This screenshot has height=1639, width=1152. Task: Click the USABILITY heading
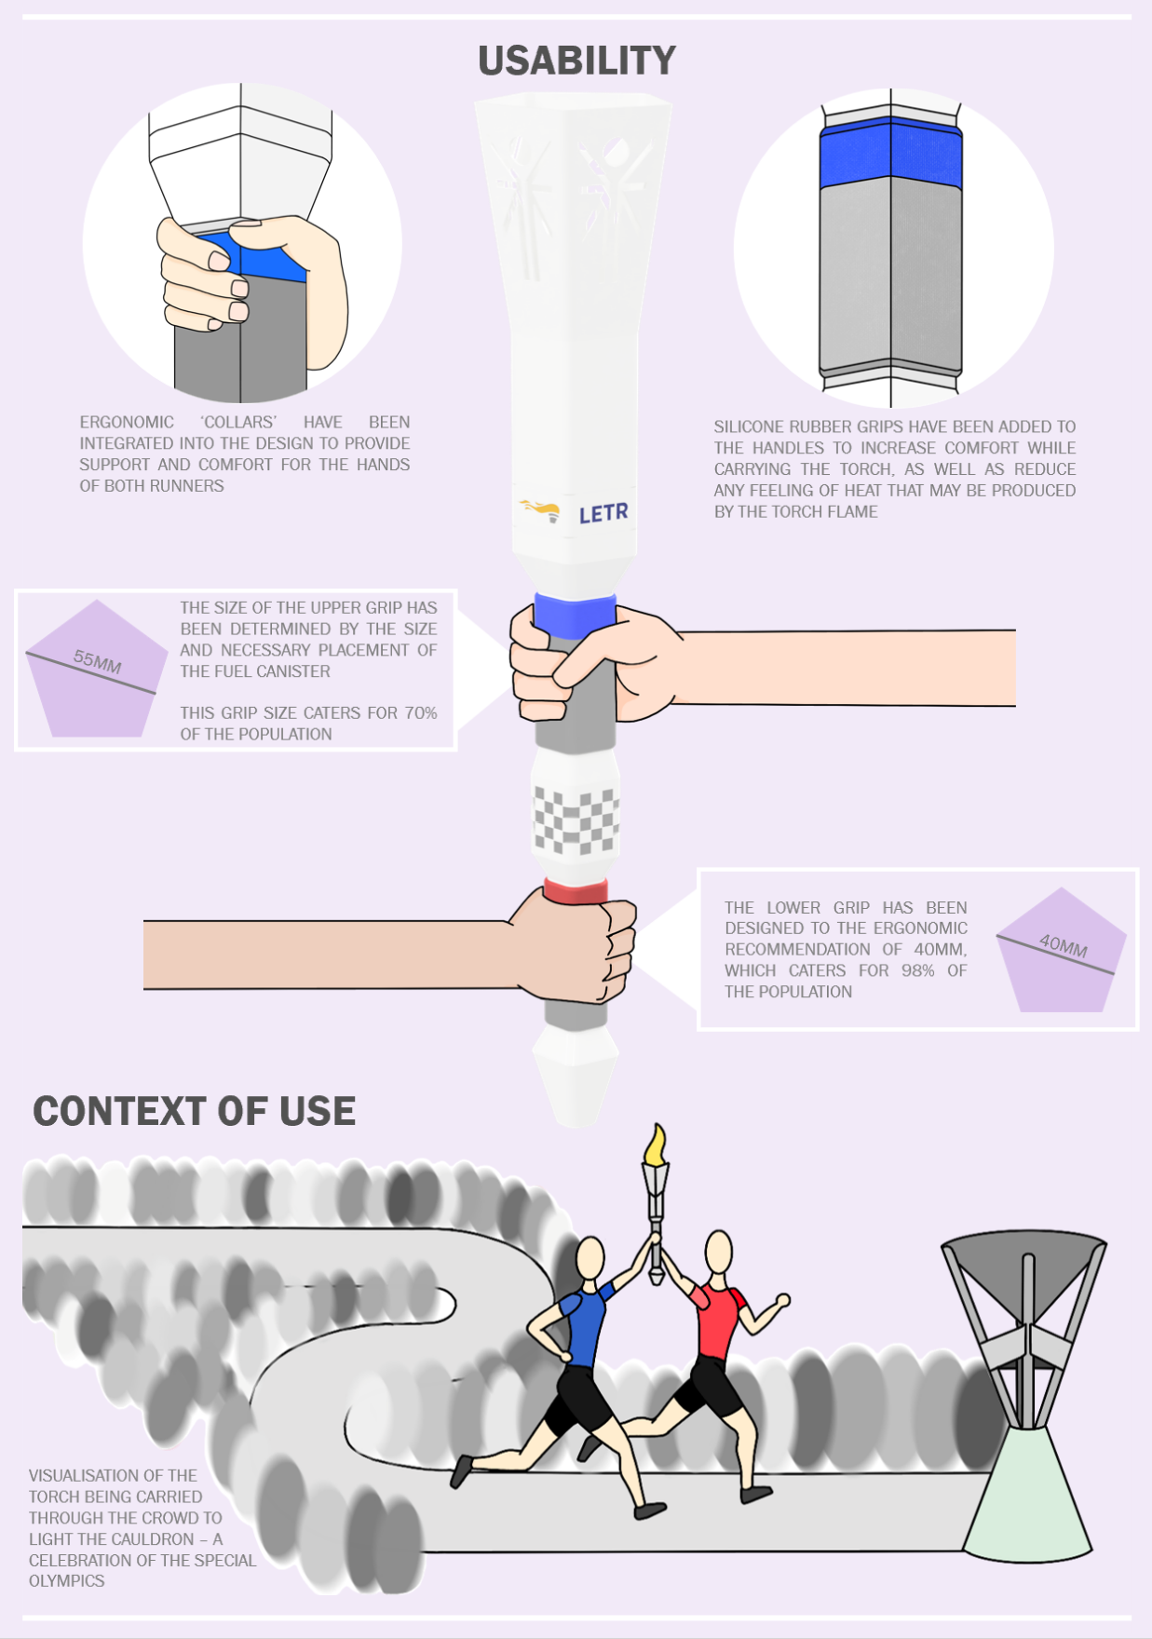click(576, 61)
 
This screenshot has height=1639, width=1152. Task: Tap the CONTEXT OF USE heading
click(195, 1112)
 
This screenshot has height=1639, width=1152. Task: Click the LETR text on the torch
click(603, 513)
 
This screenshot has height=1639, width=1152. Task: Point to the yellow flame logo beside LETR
click(541, 509)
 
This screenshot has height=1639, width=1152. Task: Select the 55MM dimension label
click(98, 662)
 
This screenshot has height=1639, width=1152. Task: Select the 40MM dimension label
click(1064, 946)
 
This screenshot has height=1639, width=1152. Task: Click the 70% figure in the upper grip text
click(420, 713)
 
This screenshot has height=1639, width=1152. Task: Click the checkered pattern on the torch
click(576, 820)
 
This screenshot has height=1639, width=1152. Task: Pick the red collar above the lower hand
click(576, 891)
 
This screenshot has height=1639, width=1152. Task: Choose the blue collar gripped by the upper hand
click(575, 614)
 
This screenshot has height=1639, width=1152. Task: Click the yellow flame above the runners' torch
click(656, 1145)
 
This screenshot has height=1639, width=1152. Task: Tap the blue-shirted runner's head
click(591, 1259)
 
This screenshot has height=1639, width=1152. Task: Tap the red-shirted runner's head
click(718, 1253)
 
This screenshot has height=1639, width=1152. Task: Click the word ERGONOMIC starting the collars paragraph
click(127, 423)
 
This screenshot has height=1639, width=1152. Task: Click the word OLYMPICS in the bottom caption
click(66, 1581)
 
